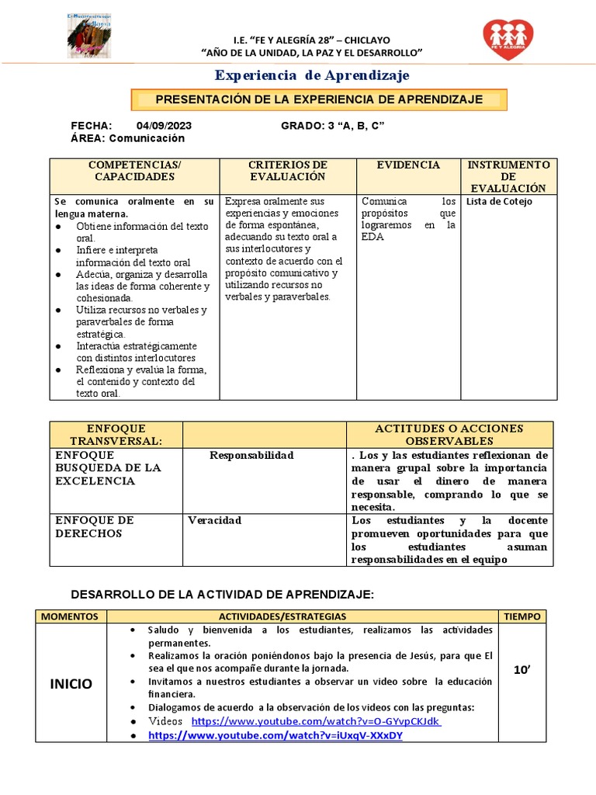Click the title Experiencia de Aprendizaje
point(312,75)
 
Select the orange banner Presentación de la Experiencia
point(319,99)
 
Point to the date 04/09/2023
point(165,126)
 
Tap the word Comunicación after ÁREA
point(147,138)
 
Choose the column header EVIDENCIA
point(408,165)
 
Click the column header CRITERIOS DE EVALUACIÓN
point(287,171)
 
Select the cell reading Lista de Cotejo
point(499,202)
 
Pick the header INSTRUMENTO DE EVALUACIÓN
point(510,176)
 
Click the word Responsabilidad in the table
point(251,455)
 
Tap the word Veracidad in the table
point(214,520)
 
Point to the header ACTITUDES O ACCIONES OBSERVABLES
point(449,435)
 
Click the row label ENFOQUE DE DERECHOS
point(94,527)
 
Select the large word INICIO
point(71,684)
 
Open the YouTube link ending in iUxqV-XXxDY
point(275,735)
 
